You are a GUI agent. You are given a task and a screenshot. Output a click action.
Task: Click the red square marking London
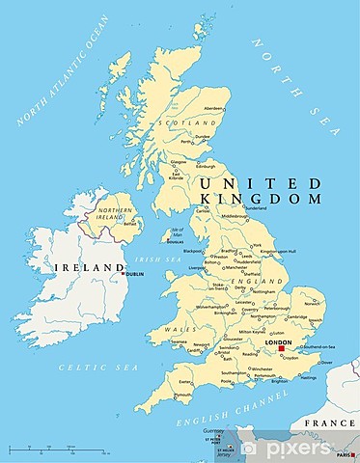(x=281, y=350)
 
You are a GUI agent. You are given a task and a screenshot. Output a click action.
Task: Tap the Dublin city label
(x=134, y=275)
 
